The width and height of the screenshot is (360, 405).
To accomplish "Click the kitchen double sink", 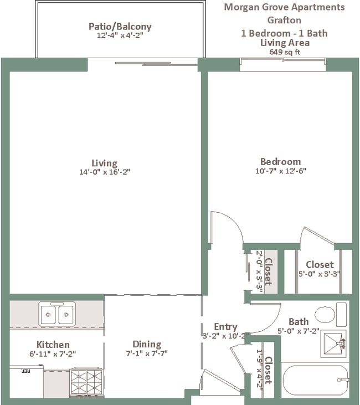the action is [x=57, y=314].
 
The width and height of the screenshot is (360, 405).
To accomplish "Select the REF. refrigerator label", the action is [x=25, y=371].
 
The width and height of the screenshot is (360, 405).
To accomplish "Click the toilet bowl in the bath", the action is [x=325, y=314].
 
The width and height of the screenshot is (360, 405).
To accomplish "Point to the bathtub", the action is [x=316, y=380].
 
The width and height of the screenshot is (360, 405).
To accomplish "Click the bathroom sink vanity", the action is [x=333, y=344].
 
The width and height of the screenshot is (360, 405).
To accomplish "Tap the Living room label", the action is [x=104, y=163].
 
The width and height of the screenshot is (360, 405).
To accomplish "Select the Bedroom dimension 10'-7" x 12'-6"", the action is [x=281, y=171].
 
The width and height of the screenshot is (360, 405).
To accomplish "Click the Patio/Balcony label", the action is [x=120, y=27].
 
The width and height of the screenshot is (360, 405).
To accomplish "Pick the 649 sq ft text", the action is [x=285, y=52].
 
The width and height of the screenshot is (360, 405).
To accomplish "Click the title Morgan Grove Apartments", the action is [x=284, y=7].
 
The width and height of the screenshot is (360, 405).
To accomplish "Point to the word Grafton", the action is [x=284, y=20].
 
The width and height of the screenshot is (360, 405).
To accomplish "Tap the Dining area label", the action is [x=147, y=344].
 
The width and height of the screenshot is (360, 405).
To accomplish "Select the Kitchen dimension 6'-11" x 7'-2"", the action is [x=53, y=354].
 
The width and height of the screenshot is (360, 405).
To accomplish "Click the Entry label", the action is [x=225, y=327].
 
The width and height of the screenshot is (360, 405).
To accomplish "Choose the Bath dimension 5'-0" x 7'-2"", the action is [x=299, y=331].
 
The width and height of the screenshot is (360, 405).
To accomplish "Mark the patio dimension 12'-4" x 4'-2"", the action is [x=120, y=35].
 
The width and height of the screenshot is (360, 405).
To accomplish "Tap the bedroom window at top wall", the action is [x=283, y=61].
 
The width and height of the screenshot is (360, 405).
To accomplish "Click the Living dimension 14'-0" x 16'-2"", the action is [x=104, y=172].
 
